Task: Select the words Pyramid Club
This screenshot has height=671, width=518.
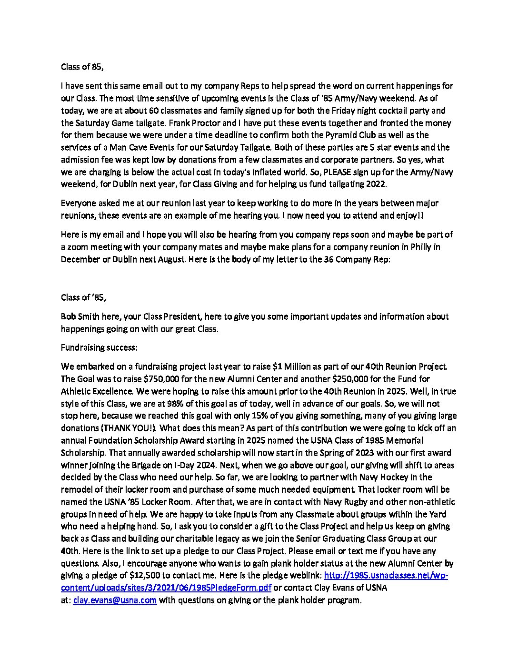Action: pyautogui.click(x=343, y=135)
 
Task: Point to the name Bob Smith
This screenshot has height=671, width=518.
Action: pyautogui.click(x=79, y=316)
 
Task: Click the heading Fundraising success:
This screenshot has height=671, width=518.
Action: pyautogui.click(x=99, y=348)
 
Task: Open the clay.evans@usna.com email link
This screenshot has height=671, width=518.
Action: pyautogui.click(x=115, y=600)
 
